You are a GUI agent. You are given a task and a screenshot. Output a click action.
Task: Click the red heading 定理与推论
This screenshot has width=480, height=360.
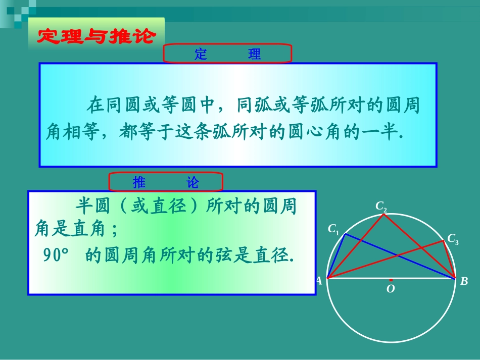coord(96,35)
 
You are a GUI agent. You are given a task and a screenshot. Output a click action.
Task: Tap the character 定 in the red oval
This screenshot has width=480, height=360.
coord(201,54)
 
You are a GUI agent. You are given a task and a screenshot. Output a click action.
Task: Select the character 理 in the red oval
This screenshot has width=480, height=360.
coord(255,54)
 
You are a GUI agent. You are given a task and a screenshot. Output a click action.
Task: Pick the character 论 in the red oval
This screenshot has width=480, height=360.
coord(193,182)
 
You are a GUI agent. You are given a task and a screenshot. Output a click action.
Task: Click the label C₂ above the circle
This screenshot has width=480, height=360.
coord(381,206)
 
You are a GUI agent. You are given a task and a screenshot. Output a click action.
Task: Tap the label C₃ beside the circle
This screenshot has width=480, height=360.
coord(453,239)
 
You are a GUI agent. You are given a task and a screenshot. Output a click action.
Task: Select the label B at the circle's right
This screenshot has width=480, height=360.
coord(464,282)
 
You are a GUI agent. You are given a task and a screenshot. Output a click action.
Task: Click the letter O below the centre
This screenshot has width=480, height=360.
coord(390,289)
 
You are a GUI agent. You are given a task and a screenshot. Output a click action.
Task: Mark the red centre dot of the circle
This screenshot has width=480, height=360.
coord(391,279)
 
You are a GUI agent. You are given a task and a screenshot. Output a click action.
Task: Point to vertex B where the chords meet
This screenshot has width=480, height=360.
coord(454,278)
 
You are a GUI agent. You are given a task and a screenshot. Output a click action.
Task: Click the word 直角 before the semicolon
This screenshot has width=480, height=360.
coord(89,230)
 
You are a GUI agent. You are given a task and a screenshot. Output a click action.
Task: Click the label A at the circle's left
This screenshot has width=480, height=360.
coord(319,281)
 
